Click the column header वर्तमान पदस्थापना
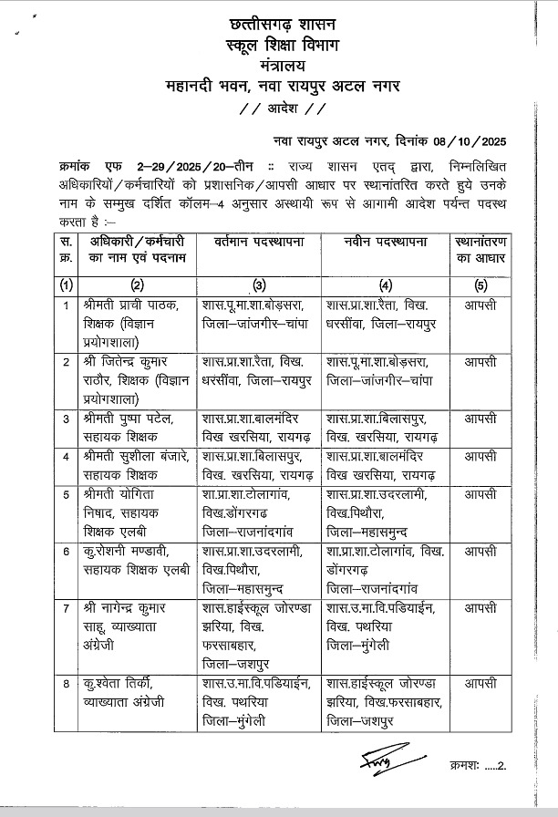[x=258, y=243]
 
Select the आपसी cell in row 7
[x=480, y=607]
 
